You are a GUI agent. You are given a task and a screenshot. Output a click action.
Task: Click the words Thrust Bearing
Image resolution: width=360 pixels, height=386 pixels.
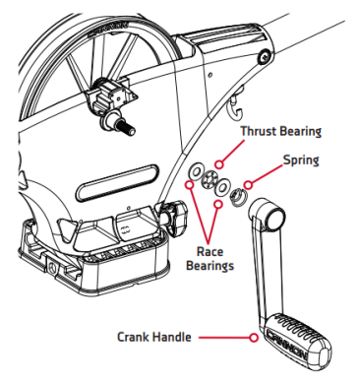(x=281, y=131)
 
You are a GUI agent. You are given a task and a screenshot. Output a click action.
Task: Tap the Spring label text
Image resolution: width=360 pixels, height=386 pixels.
(x=301, y=161)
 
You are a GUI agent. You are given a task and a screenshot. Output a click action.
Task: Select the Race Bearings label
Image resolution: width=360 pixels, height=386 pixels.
(x=210, y=259)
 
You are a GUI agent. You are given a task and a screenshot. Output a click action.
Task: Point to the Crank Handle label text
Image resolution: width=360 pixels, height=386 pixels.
(x=154, y=337)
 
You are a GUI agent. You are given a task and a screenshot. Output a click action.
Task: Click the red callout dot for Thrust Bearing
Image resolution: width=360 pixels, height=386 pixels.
(x=219, y=164)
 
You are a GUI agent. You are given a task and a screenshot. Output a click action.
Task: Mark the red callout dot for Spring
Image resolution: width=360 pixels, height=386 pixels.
(x=248, y=185)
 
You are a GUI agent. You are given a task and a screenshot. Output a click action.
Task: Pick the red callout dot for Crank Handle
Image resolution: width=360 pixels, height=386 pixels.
(x=253, y=337)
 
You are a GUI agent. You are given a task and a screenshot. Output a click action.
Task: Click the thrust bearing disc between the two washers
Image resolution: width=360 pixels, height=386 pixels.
(x=209, y=180)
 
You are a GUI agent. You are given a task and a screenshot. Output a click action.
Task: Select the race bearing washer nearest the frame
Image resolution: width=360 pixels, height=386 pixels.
(x=197, y=171)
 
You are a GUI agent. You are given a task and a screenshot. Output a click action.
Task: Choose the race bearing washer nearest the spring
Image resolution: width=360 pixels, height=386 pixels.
(x=222, y=187)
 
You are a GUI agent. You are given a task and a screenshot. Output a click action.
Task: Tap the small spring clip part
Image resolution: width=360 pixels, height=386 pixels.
(x=238, y=198)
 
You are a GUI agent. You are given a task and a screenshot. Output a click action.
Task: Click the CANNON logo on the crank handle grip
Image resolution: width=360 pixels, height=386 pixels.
(x=287, y=346)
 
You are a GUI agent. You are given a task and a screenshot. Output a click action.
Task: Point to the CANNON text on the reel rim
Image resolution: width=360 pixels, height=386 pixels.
(x=109, y=29)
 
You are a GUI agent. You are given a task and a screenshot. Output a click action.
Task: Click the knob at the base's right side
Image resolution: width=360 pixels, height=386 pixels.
(x=174, y=217)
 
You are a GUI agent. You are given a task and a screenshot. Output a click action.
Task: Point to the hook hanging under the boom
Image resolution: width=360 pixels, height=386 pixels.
(x=235, y=107)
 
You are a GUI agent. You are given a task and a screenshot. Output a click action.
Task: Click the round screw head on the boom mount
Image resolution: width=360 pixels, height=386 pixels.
(x=265, y=57)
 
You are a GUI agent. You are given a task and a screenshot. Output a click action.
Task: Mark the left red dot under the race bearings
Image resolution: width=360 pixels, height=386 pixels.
(x=189, y=184)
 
